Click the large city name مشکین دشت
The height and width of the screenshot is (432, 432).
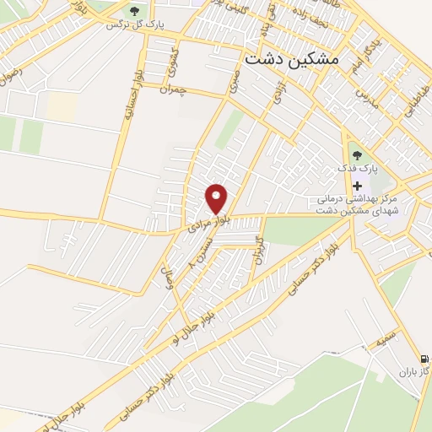point(292,60)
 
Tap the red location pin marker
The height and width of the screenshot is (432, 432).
point(217,199)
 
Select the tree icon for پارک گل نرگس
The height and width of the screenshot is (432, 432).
point(134,10)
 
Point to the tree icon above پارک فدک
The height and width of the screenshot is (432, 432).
point(356,154)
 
